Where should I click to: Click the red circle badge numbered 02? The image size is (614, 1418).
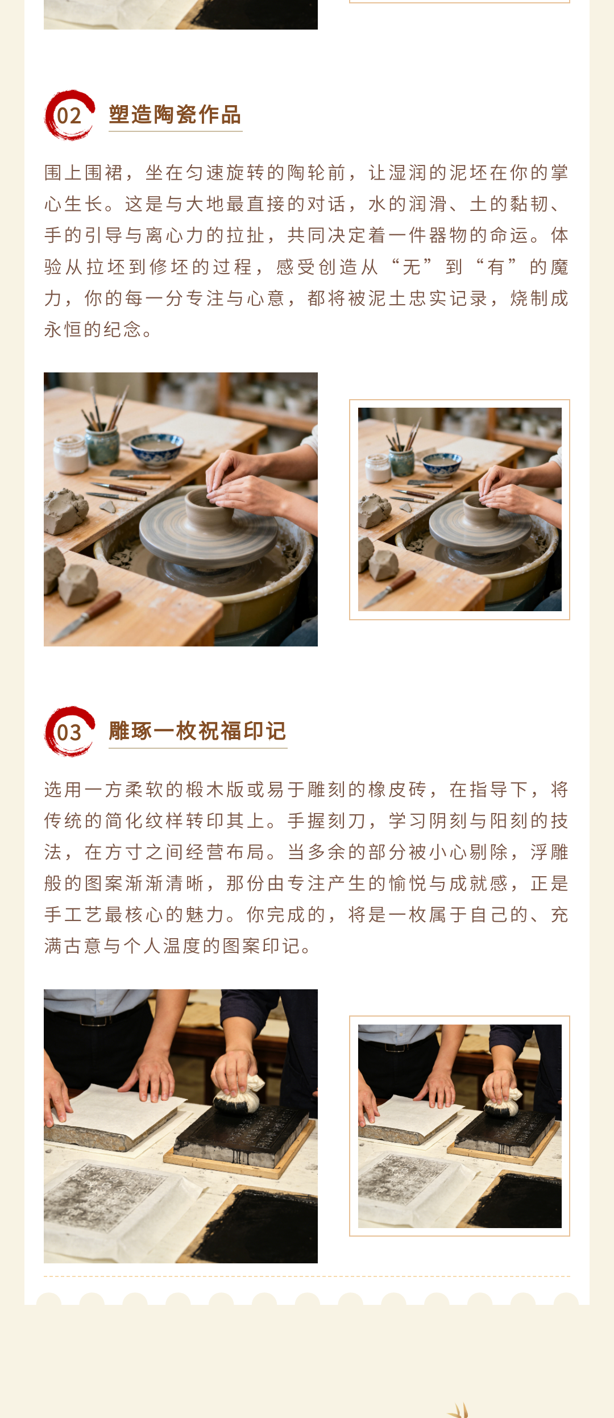point(69,115)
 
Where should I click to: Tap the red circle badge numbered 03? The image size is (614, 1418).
point(69,732)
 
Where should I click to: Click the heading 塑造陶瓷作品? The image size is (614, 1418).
point(175,115)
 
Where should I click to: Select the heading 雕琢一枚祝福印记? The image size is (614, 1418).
point(197,731)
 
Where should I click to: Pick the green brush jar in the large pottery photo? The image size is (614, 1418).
point(102,447)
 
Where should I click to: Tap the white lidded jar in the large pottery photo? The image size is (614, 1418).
point(70,455)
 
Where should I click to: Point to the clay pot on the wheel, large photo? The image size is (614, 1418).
point(209,512)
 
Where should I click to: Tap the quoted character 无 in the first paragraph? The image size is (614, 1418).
point(411,267)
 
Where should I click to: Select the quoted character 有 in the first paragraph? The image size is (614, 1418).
point(495,267)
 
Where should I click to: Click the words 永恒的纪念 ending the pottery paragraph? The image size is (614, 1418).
point(93,329)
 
